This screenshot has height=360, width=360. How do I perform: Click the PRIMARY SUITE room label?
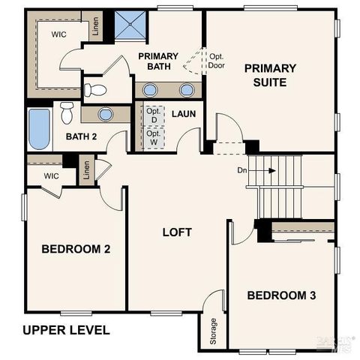pyautogui.click(x=270, y=75)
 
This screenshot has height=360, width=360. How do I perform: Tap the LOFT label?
pyautogui.click(x=177, y=232)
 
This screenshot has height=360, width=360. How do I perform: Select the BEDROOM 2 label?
pyautogui.click(x=76, y=249)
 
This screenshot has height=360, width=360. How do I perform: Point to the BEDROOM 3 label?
pyautogui.click(x=281, y=295)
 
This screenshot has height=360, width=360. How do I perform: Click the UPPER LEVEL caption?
pyautogui.click(x=66, y=330)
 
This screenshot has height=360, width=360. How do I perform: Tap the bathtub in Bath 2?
pyautogui.click(x=39, y=128)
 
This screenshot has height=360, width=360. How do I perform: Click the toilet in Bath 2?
pyautogui.click(x=67, y=112)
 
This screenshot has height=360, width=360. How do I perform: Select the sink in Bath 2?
pyautogui.click(x=105, y=115)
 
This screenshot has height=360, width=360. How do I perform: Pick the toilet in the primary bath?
pyautogui.click(x=95, y=90)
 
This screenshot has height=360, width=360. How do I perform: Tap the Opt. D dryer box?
pyautogui.click(x=154, y=115)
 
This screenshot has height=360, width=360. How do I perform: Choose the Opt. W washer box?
pyautogui.click(x=154, y=139)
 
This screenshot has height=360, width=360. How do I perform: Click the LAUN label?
pyautogui.click(x=184, y=114)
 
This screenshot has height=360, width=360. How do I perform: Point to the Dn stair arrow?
pyautogui.click(x=264, y=170)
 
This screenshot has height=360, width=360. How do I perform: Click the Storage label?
pyautogui.click(x=213, y=331)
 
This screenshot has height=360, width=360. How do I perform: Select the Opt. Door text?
pyautogui.click(x=217, y=59)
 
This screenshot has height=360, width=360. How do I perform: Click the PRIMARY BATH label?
pyautogui.click(x=157, y=62)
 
